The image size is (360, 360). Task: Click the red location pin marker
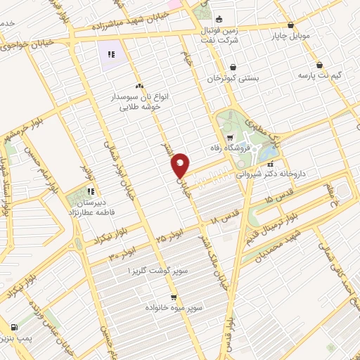click(181, 165)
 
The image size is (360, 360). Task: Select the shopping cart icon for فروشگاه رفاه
click(230, 137)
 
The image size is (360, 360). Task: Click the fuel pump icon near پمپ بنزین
click(13, 327)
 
